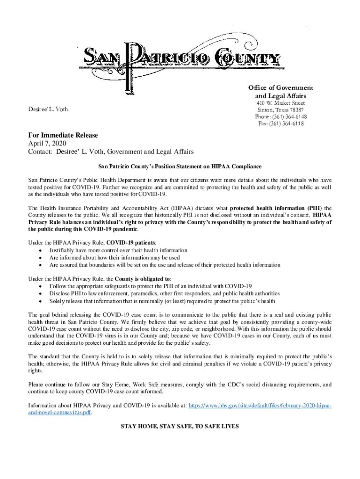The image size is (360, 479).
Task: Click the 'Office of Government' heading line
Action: click(281, 88)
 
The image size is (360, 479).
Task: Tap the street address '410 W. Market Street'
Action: click(281, 103)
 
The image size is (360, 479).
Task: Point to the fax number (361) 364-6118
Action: click(281, 123)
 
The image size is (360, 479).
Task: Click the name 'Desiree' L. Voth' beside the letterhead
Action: click(48, 109)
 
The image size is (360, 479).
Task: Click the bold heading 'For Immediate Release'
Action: click(63, 135)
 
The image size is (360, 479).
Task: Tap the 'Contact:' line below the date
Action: click(111, 152)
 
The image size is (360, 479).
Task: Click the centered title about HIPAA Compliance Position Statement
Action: click(180, 167)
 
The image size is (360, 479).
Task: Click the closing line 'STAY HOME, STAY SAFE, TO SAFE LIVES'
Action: click(180, 427)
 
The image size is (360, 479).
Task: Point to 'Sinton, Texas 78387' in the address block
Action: click(281, 109)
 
